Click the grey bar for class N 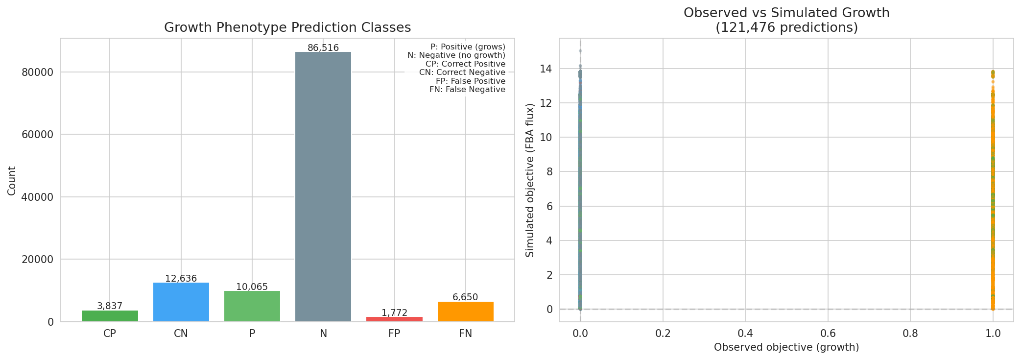pos(323,186)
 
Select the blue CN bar pos(181,302)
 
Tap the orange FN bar pos(465,312)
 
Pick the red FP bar pos(394,319)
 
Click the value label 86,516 pos(323,48)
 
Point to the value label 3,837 pos(110,306)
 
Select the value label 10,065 pos(252,287)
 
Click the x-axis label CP pos(110,334)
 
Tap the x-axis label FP pos(394,334)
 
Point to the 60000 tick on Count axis pos(38,135)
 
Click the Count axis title pos(12,181)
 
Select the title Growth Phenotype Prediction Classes pos(287,27)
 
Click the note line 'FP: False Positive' pos(470,81)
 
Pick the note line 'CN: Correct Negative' pos(462,72)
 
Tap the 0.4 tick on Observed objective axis pos(745,334)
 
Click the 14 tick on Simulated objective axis pos(546,69)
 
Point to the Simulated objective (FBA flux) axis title pos(530,180)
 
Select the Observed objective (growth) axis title pos(786,347)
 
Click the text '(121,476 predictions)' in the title pos(786,28)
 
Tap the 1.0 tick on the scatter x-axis pos(993,334)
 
